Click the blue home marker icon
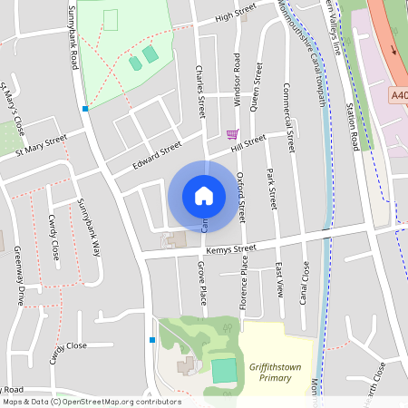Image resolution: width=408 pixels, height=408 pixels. click(x=203, y=195)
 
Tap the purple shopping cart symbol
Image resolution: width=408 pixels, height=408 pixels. click(x=232, y=134)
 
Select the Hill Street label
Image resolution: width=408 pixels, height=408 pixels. click(x=248, y=141)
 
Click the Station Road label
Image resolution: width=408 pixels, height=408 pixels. click(x=353, y=126)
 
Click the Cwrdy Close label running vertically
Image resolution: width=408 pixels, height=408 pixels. click(x=54, y=238)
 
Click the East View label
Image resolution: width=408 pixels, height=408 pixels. click(x=279, y=280)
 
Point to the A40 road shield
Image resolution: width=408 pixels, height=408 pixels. click(x=399, y=93)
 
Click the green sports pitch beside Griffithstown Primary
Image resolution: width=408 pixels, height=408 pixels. click(x=222, y=370)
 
